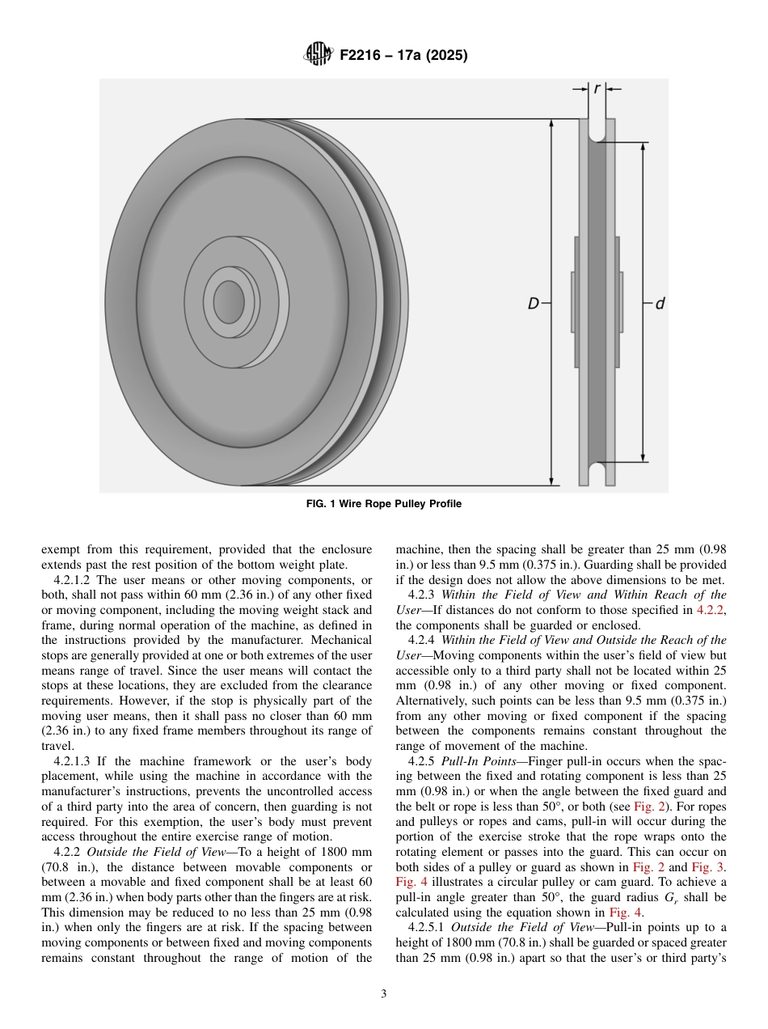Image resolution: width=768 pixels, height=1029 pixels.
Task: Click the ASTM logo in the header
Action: (x=318, y=55)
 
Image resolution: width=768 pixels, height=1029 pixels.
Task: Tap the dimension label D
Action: (x=534, y=304)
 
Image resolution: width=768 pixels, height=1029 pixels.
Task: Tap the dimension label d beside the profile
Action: (x=660, y=304)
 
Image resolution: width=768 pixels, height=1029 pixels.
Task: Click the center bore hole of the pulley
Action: (x=229, y=301)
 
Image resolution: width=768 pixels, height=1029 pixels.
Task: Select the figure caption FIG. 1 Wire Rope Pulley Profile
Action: (x=384, y=504)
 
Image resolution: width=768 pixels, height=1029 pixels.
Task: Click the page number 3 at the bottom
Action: (x=384, y=994)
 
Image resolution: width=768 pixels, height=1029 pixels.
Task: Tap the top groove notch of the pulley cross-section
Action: (x=597, y=130)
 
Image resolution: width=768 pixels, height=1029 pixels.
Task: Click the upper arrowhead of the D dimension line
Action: (x=551, y=125)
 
